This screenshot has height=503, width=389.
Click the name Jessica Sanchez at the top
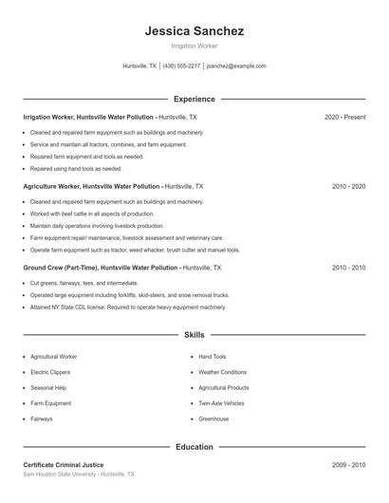click(194, 30)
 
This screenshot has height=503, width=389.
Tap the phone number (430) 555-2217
click(181, 66)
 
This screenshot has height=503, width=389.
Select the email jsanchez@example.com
click(236, 66)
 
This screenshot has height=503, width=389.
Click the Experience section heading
click(194, 99)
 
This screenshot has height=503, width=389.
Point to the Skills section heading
click(194, 335)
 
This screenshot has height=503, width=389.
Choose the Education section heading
click(194, 447)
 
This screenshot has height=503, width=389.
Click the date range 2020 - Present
click(344, 117)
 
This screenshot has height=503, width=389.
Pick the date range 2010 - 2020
click(348, 187)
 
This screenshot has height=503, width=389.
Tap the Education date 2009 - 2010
click(348, 465)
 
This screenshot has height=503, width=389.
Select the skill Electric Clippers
click(50, 372)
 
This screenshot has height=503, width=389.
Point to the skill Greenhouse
click(213, 419)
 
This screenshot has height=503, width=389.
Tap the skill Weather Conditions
click(222, 372)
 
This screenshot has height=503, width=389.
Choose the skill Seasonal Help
click(48, 388)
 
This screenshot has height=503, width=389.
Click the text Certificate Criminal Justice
click(64, 465)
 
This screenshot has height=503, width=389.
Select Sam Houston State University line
click(79, 474)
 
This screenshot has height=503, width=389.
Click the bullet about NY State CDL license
click(128, 307)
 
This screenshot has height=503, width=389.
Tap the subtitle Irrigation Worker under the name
click(194, 46)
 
